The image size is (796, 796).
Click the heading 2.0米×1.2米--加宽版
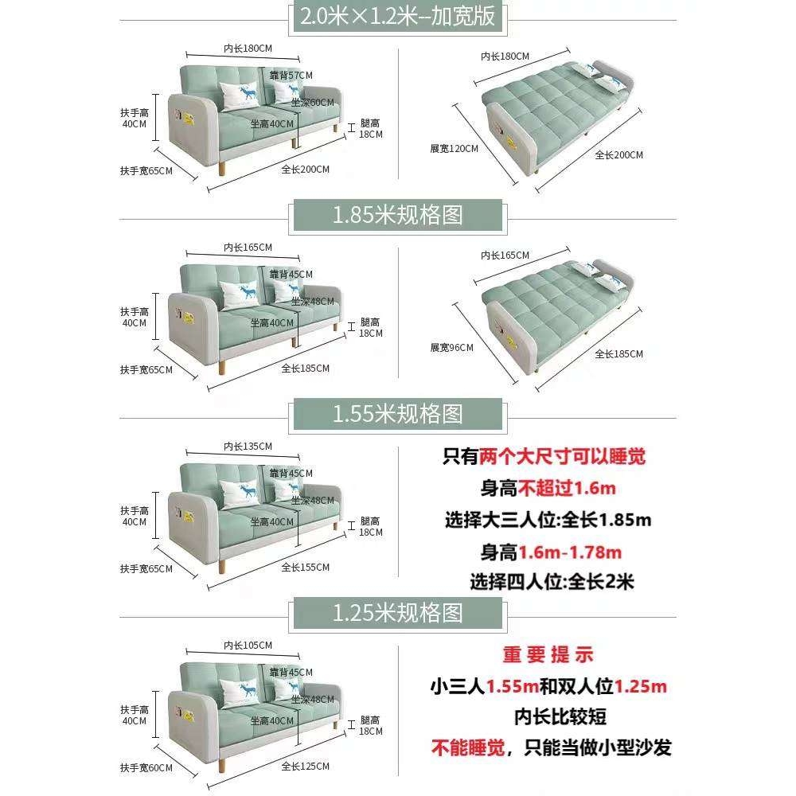tap(398, 16)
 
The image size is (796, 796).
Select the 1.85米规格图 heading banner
tap(398, 215)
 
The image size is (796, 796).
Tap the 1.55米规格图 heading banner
tap(398, 414)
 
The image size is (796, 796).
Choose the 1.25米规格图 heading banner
tap(398, 613)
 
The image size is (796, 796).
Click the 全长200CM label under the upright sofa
tap(305, 169)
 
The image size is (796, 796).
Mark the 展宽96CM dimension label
tap(451, 347)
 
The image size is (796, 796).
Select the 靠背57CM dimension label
tap(291, 75)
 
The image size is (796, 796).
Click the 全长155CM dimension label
tap(305, 567)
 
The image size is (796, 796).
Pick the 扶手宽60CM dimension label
tap(146, 768)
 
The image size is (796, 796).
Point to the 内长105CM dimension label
tap(248, 645)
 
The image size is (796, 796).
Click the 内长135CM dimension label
tap(248, 446)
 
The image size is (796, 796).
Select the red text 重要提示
tap(548, 655)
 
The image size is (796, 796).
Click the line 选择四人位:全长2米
tap(552, 582)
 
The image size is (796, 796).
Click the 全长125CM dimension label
tap(305, 766)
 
